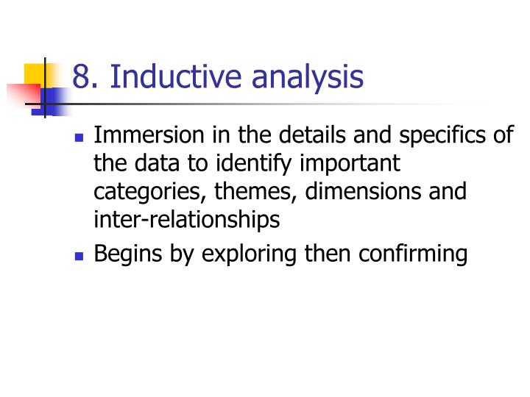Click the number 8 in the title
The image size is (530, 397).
click(x=80, y=77)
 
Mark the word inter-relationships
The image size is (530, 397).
click(x=187, y=219)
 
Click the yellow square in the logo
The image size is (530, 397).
click(x=35, y=74)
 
